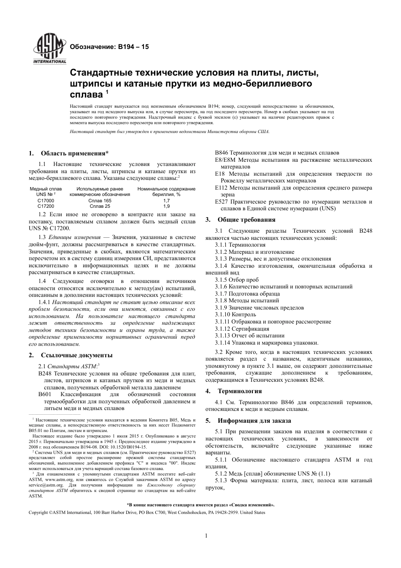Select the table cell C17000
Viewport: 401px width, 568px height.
(x=46, y=201)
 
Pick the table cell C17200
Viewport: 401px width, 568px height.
(x=46, y=206)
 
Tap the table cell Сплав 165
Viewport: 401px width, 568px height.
(x=100, y=201)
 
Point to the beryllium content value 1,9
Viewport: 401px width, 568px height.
(x=166, y=206)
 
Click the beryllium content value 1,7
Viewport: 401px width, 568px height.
(x=166, y=201)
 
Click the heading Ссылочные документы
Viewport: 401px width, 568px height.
(x=76, y=355)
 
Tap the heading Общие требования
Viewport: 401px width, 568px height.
(x=246, y=220)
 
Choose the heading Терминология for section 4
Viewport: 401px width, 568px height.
(x=239, y=391)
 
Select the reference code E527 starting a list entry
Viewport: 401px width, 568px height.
(x=221, y=202)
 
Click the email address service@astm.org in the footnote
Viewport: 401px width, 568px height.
(x=46, y=485)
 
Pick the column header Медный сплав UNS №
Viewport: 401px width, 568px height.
(x=46, y=191)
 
